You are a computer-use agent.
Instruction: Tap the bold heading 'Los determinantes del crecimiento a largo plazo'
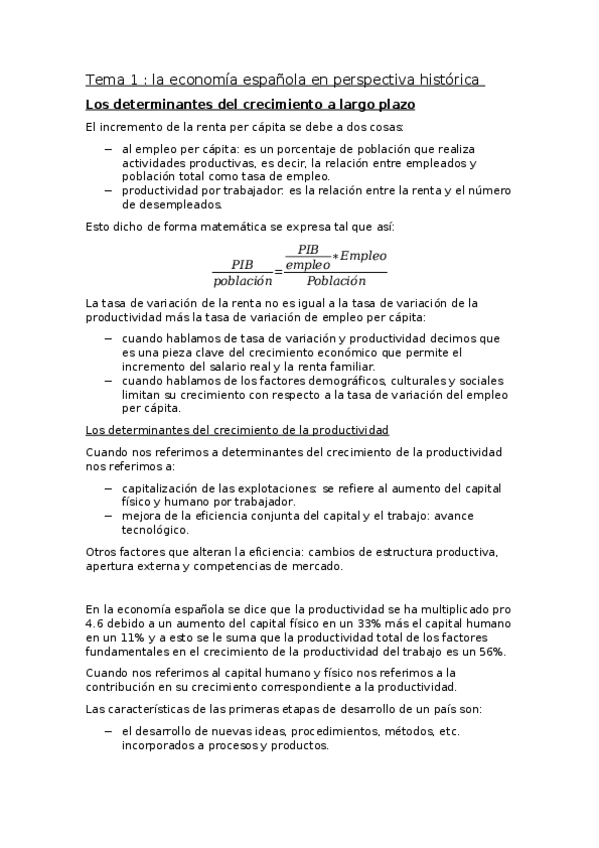[x=250, y=104]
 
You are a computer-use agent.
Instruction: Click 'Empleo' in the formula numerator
[x=362, y=256]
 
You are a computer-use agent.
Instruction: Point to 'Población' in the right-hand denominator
[x=336, y=281]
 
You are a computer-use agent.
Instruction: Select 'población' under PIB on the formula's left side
[x=242, y=282]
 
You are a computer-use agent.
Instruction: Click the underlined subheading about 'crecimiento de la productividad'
[x=236, y=429]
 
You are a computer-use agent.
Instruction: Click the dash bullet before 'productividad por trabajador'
[x=109, y=190]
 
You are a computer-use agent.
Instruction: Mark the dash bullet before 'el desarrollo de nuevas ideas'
[x=109, y=731]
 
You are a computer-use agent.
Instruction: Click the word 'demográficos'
[x=352, y=380]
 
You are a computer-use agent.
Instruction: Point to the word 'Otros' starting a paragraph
[x=102, y=552]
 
